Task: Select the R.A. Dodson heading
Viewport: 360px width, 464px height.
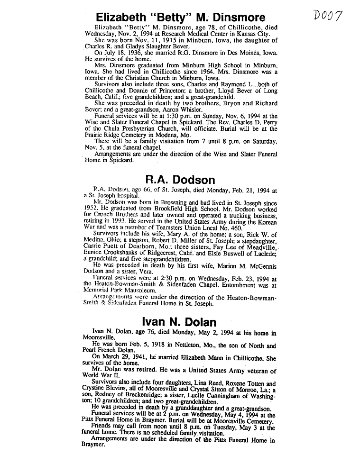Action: [x=180, y=180]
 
